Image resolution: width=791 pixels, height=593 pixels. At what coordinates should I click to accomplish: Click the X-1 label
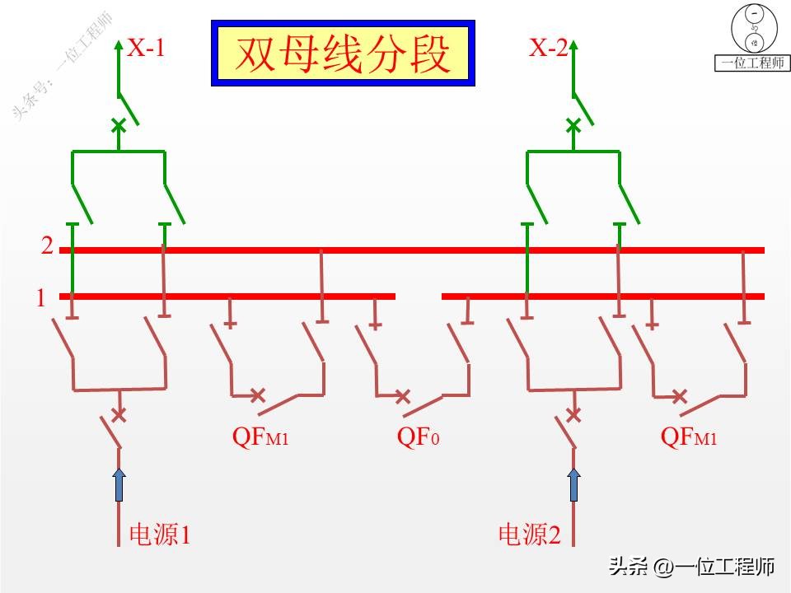[x=146, y=49]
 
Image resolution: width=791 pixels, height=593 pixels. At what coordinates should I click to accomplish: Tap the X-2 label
[x=548, y=49]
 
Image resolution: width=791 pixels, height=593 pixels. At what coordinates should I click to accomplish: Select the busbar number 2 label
[x=47, y=246]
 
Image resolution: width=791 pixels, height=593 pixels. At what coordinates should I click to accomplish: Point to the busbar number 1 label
[x=40, y=298]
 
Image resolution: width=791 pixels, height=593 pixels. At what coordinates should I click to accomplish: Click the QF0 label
[x=418, y=437]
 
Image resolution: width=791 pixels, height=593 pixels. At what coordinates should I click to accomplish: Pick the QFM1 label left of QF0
[x=260, y=437]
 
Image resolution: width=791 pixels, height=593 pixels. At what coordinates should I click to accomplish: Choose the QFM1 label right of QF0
[x=689, y=437]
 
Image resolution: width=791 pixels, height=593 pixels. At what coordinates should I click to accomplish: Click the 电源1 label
[x=160, y=535]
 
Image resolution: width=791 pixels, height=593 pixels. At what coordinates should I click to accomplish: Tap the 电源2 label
[x=530, y=535]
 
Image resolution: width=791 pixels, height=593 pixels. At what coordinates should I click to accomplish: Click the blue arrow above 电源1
[x=119, y=484]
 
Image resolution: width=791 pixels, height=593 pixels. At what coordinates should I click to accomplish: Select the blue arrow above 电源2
[x=573, y=484]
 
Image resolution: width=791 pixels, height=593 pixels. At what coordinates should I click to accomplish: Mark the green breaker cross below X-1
[x=119, y=126]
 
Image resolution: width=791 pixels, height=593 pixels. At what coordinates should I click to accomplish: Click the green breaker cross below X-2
[x=573, y=126]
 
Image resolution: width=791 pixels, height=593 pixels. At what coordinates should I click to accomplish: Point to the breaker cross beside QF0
[x=402, y=397]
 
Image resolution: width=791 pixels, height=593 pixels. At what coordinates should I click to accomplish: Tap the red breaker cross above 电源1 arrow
[x=119, y=413]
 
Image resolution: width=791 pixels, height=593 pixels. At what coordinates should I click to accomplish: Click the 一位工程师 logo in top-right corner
[x=752, y=38]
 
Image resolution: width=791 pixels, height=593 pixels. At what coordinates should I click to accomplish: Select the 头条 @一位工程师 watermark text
[x=692, y=567]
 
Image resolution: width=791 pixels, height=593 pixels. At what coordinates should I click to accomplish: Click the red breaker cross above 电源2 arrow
[x=573, y=413]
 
